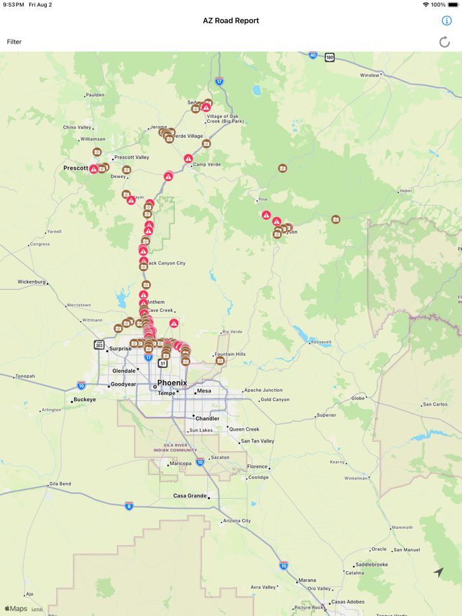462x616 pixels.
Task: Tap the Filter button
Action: coord(15,42)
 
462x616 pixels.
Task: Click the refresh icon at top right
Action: coord(445,42)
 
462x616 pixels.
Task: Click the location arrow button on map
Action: coord(439,572)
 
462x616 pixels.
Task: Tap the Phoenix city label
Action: coord(172,383)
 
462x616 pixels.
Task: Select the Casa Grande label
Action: coord(189,495)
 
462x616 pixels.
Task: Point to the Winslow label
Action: coord(370,75)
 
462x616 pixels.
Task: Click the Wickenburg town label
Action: coord(31,282)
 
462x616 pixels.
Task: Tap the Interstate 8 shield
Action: coord(129,506)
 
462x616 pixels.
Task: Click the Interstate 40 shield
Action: coord(313,55)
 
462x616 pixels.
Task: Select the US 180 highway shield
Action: coord(329,58)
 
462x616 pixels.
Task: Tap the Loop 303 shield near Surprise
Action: coord(99,344)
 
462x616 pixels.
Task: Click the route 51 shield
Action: coord(163,363)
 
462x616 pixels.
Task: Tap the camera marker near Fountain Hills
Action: coord(220,361)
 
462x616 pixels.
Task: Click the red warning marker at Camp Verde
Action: coord(188,158)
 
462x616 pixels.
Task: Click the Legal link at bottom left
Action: coord(37,609)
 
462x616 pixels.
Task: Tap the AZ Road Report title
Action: coord(231,20)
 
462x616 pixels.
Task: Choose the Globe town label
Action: coord(358,398)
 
